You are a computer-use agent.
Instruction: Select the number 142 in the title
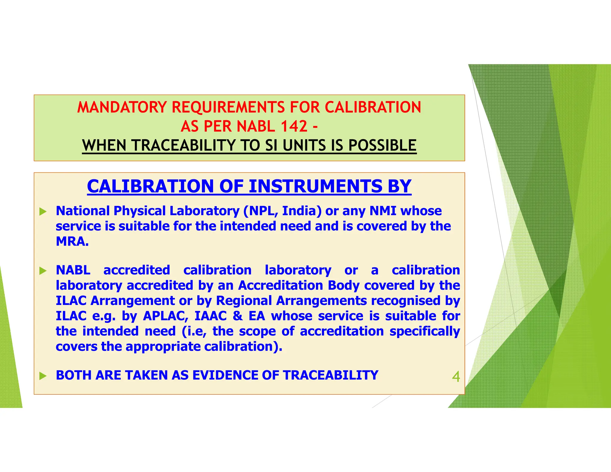pyautogui.click(x=294, y=126)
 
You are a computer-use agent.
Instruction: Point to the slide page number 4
pyautogui.click(x=456, y=377)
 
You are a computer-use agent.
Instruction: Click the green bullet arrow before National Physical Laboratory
pyautogui.click(x=43, y=212)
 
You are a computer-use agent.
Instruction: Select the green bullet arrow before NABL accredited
pyautogui.click(x=43, y=271)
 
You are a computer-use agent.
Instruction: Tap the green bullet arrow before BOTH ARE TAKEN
pyautogui.click(x=43, y=376)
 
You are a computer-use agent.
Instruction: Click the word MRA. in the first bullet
pyautogui.click(x=72, y=241)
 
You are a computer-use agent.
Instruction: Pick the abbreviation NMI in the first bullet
pyautogui.click(x=383, y=211)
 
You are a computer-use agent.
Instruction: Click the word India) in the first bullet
pyautogui.click(x=302, y=211)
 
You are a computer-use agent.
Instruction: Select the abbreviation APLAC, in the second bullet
pyautogui.click(x=166, y=316)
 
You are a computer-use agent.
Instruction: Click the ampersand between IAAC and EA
pyautogui.click(x=237, y=316)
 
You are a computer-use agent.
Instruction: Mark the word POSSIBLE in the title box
pyautogui.click(x=382, y=146)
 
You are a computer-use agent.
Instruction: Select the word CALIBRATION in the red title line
pyautogui.click(x=373, y=107)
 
